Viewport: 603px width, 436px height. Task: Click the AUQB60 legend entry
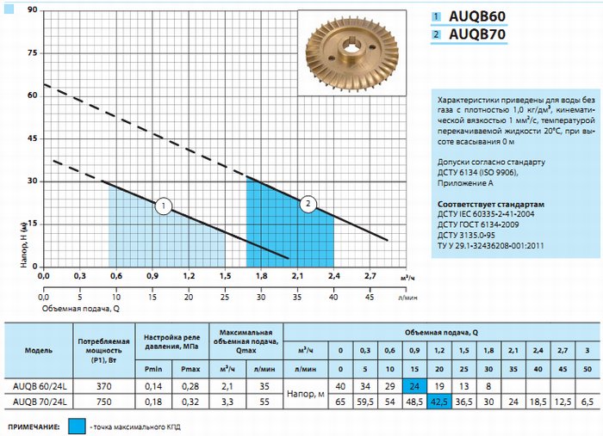pos(469,16)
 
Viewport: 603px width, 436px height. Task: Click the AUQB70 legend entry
pos(469,34)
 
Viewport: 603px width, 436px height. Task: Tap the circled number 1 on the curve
pos(164,206)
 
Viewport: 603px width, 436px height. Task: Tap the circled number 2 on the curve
pos(308,204)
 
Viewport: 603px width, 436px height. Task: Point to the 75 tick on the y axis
pos(33,53)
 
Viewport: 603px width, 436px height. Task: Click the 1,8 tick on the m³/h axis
pos(262,276)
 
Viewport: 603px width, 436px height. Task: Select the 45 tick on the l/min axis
pos(370,297)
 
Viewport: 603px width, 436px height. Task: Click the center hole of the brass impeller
pos(351,51)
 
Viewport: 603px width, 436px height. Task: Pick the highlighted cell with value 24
pos(414,386)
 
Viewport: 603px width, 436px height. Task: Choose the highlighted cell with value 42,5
pos(439,402)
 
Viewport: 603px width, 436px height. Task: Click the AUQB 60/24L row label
pos(40,386)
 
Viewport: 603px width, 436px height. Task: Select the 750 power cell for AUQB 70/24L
pos(104,402)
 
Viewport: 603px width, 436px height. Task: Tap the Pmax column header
pos(190,369)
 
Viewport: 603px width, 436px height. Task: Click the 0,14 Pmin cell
pos(153,386)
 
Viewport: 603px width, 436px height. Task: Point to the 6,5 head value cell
pos(587,402)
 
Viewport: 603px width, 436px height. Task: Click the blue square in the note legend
pos(77,426)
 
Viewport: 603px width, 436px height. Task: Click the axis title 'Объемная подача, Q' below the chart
pos(81,308)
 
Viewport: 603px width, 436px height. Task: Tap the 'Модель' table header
pos(39,350)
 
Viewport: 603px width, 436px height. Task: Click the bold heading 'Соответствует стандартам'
pos(491,204)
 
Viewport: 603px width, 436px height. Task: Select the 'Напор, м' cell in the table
pos(306,394)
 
